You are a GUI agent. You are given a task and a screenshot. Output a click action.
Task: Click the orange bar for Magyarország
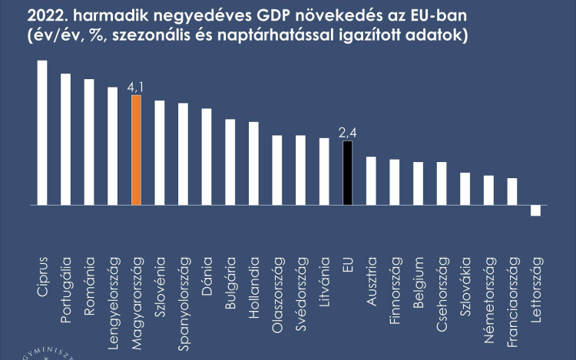tap(136, 150)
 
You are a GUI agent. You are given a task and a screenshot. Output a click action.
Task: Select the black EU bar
tap(348, 173)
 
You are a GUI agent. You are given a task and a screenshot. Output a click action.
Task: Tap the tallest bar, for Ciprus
tap(42, 133)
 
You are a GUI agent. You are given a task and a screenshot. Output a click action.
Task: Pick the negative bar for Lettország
tap(535, 211)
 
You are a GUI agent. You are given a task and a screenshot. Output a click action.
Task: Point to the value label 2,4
tap(348, 134)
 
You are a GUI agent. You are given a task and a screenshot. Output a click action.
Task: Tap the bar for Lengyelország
tap(113, 147)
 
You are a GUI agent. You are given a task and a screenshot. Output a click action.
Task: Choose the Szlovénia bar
tap(160, 153)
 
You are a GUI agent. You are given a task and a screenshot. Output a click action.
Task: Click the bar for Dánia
tap(207, 157)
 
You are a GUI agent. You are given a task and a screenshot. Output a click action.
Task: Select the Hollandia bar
tap(253, 163)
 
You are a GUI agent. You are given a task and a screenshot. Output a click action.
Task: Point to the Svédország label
tap(301, 292)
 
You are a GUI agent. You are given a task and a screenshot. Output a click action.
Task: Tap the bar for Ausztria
tap(371, 181)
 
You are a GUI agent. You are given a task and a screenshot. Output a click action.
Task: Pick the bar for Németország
tap(488, 190)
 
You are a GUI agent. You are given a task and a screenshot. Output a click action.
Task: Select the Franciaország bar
tap(512, 192)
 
